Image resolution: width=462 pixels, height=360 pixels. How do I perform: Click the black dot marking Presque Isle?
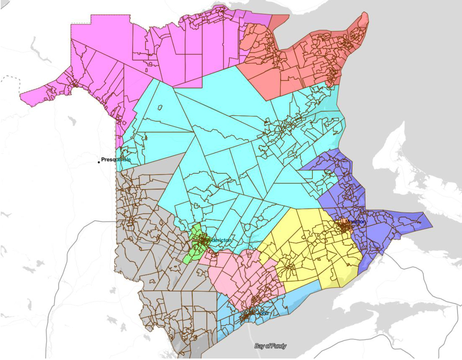pos(99,162)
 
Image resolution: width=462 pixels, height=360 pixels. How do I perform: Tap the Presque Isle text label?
pos(116,160)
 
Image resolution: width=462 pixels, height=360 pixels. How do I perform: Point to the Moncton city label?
pos(355,222)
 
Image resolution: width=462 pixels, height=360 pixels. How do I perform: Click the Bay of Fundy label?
pos(270,346)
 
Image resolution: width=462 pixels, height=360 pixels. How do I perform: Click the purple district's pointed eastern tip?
pos(431,226)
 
